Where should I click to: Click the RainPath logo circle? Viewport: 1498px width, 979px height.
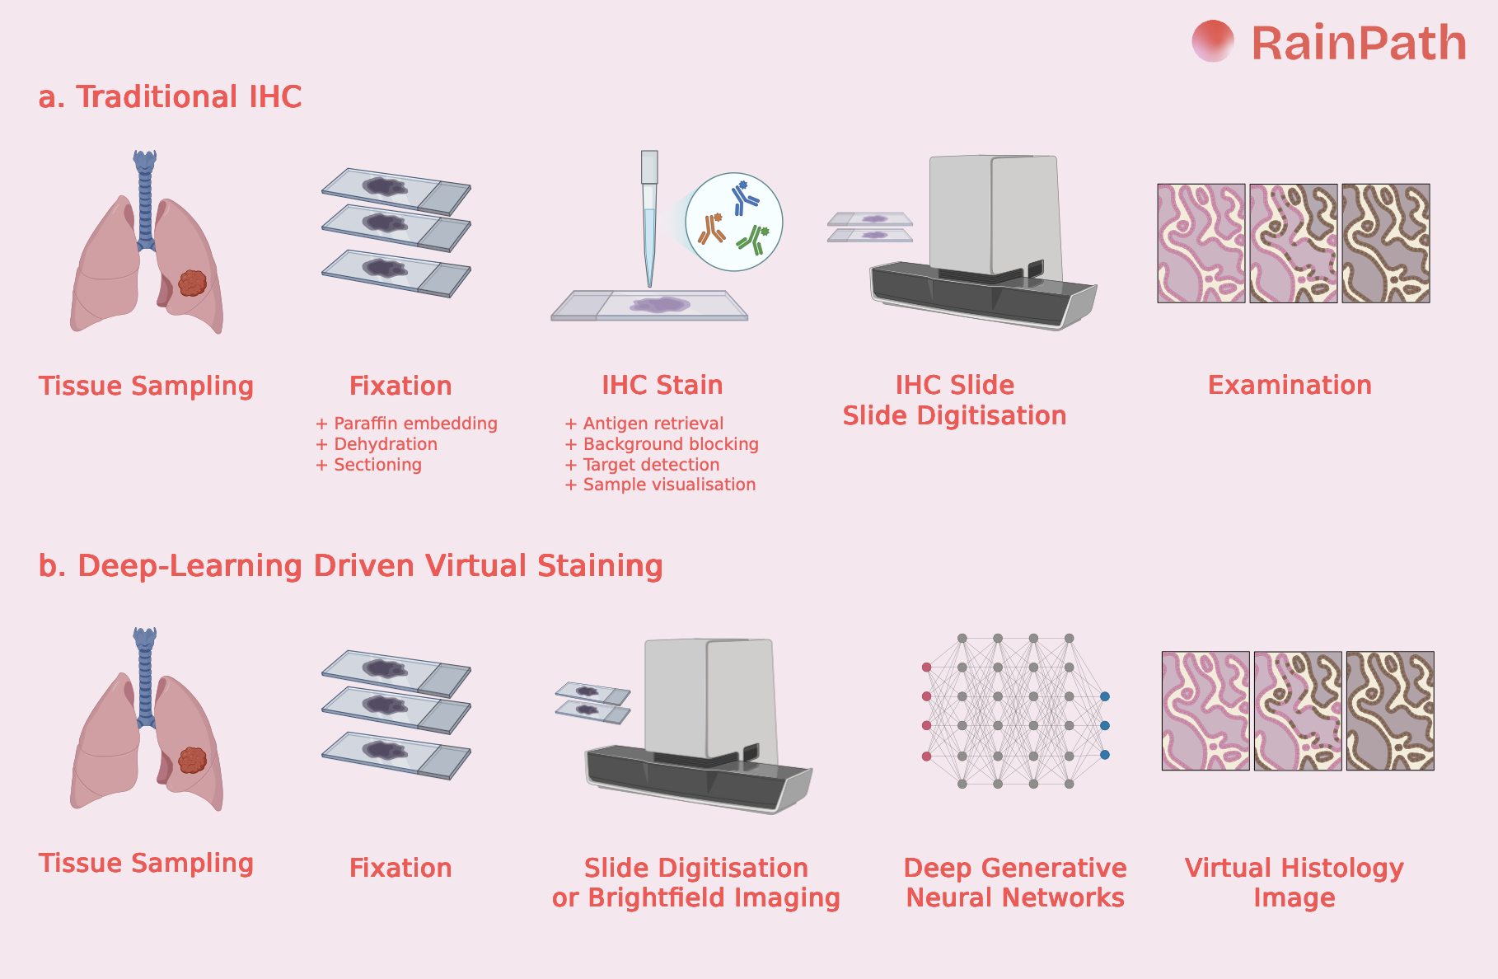click(x=1212, y=41)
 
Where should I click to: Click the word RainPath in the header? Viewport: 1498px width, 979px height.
click(x=1359, y=44)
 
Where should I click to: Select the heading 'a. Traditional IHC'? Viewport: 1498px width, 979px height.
click(x=170, y=97)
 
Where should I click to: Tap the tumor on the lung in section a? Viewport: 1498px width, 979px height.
click(x=192, y=283)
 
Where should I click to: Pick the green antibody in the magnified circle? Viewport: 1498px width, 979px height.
click(x=754, y=238)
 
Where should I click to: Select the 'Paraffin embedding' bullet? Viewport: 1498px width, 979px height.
click(x=407, y=424)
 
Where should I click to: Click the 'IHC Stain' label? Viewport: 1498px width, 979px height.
click(x=662, y=385)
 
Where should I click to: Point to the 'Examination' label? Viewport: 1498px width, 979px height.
click(x=1290, y=385)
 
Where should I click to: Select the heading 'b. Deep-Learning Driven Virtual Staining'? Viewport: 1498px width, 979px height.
click(x=350, y=566)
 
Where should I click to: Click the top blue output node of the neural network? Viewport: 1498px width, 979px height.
click(x=1105, y=696)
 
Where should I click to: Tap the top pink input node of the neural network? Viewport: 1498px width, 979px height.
click(x=926, y=667)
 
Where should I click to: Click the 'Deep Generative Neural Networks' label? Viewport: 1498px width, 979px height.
click(x=1015, y=883)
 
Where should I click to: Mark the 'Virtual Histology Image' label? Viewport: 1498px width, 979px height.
click(x=1294, y=883)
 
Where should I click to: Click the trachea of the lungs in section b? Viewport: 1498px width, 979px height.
click(x=145, y=676)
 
